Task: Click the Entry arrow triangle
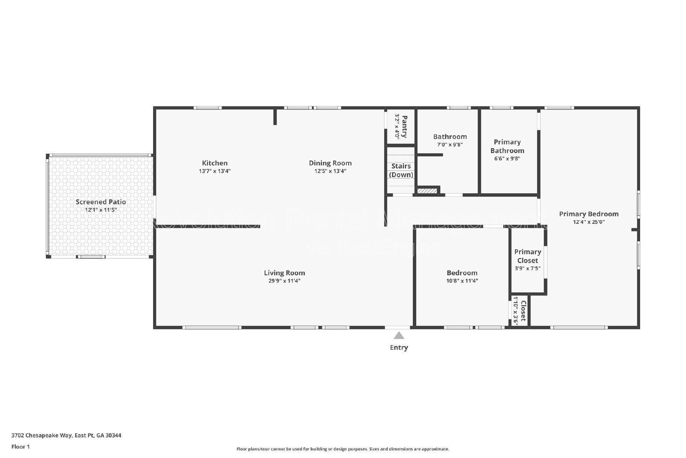coord(399,336)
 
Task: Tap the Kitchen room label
coord(215,163)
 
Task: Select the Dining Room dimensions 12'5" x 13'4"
coord(330,171)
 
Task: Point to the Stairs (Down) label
coord(401,170)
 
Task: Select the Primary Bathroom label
coord(507,146)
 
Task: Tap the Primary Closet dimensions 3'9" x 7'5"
coord(527,268)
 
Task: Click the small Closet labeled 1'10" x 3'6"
coord(519,311)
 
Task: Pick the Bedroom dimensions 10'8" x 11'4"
coord(462,281)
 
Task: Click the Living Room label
coord(284,273)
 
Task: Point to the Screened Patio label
coord(101,202)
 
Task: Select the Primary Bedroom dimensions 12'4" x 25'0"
coord(589,222)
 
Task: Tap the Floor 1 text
coord(20,447)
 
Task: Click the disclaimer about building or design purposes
coord(343,449)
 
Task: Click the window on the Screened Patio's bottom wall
coord(91,257)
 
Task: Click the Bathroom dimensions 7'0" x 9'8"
coord(450,145)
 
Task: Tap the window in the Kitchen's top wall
coord(208,108)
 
